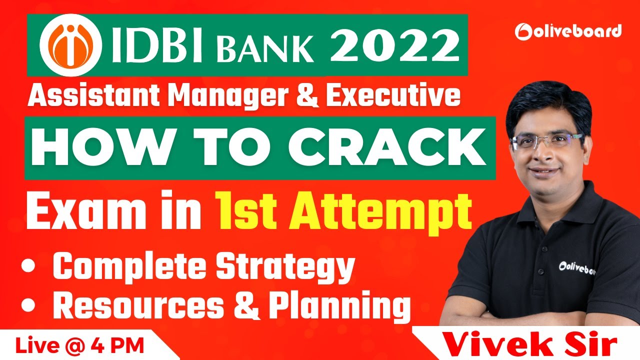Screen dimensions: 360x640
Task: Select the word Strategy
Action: (288, 269)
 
